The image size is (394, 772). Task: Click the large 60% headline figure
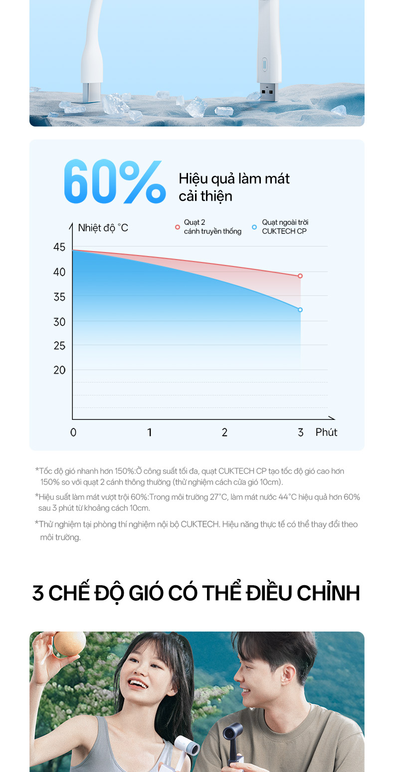(x=115, y=182)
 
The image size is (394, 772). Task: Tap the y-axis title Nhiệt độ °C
(x=103, y=228)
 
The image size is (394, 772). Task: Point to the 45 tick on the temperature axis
(x=59, y=248)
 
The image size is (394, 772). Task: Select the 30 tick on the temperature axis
(x=59, y=322)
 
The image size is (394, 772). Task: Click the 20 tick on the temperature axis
(x=59, y=370)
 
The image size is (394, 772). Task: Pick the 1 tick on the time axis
(x=150, y=432)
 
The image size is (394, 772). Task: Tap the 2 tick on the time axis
(x=224, y=432)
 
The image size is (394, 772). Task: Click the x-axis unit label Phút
(x=326, y=432)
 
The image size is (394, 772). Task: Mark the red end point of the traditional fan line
(x=300, y=276)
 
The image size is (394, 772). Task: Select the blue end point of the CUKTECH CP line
(x=300, y=310)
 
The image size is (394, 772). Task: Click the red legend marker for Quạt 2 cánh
(x=177, y=227)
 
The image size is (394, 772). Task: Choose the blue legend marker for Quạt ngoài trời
(x=254, y=227)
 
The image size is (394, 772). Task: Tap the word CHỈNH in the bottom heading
(x=328, y=593)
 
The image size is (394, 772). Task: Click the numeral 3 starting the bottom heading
(x=38, y=593)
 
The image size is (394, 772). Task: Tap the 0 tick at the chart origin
(x=73, y=432)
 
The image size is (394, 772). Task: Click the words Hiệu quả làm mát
(x=234, y=179)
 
